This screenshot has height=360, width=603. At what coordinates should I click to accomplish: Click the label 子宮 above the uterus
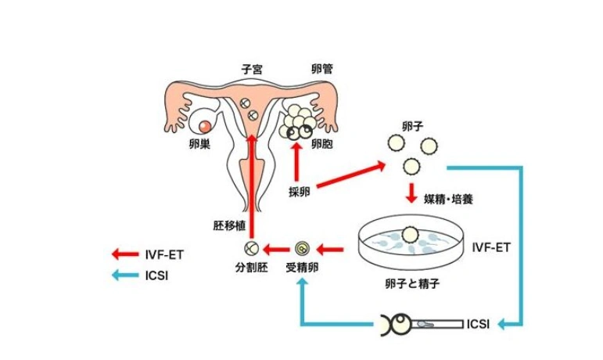pos(252,69)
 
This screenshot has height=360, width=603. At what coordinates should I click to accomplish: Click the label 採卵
pos(299,193)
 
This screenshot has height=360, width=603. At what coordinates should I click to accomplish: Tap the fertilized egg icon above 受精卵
pos(302,250)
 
